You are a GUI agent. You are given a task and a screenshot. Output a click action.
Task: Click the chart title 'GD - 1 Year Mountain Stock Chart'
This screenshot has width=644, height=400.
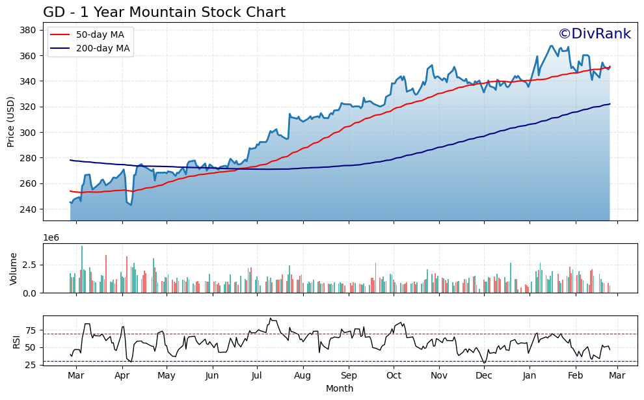(x=164, y=12)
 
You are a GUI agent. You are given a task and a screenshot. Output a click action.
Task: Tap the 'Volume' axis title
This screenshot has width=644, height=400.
(x=13, y=269)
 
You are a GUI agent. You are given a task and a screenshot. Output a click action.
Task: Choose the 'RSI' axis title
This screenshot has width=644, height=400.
(x=17, y=341)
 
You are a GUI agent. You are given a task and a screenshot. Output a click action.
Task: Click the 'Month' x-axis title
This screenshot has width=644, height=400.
(x=340, y=389)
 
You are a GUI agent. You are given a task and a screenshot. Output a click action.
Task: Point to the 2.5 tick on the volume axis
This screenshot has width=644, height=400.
(x=30, y=265)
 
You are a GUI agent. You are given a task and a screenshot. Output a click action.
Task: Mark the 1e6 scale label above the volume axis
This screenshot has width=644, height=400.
(x=51, y=238)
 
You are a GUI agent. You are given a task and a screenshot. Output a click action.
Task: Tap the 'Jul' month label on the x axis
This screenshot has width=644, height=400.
(x=257, y=376)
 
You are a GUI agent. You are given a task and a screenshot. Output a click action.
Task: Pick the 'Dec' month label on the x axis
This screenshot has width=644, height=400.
(x=483, y=376)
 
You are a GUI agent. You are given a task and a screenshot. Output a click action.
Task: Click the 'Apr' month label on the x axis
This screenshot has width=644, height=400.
(x=122, y=376)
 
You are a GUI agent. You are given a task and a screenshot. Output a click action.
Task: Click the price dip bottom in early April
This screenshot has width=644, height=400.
(x=131, y=205)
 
